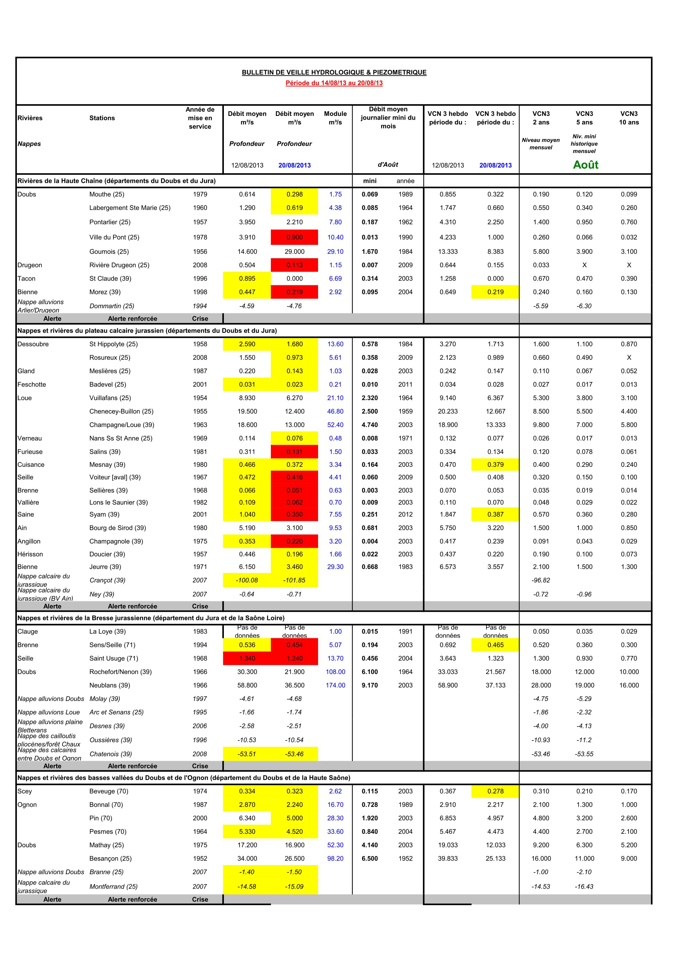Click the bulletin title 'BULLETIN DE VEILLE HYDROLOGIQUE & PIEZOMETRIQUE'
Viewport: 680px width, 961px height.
(x=334, y=72)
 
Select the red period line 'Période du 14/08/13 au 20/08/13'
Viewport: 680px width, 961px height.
(x=334, y=83)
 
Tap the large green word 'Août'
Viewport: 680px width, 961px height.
(x=585, y=165)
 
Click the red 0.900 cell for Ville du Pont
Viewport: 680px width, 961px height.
(x=295, y=237)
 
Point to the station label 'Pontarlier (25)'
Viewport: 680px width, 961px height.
(x=110, y=222)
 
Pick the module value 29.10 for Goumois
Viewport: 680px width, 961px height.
(x=335, y=252)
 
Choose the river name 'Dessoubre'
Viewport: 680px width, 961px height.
(x=33, y=344)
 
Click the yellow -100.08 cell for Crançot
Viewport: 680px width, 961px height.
(x=247, y=580)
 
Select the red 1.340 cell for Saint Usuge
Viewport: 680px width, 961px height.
(x=247, y=658)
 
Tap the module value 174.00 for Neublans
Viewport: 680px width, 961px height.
(x=335, y=685)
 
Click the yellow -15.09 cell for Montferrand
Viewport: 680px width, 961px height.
(x=295, y=887)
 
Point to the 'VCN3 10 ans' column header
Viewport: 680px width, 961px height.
(x=629, y=118)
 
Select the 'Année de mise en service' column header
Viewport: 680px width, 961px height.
(x=200, y=118)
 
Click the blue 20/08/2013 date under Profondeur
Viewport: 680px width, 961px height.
(x=295, y=165)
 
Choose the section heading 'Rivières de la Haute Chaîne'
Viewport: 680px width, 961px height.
(x=117, y=181)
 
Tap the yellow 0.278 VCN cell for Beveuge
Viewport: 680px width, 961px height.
(x=495, y=791)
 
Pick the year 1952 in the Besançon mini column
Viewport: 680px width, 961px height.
(x=405, y=858)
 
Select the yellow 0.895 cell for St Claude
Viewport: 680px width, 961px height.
(x=247, y=278)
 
